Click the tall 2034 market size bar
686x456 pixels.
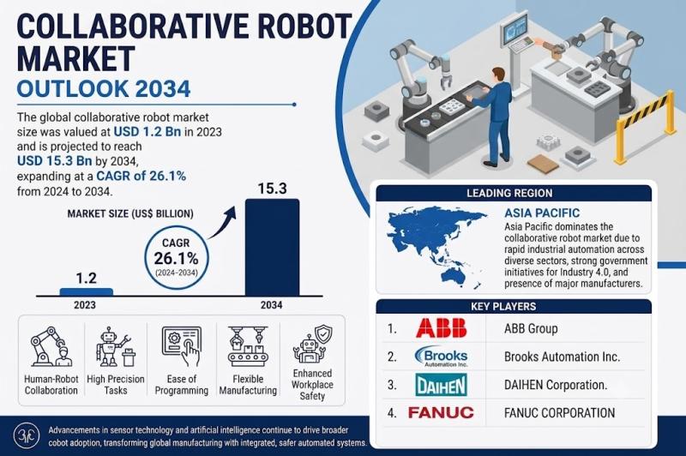coord(272,248)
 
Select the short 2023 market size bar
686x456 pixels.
coord(87,292)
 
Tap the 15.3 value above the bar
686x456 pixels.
coord(272,189)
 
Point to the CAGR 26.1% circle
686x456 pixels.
coord(177,257)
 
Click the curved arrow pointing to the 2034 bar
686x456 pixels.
coord(221,223)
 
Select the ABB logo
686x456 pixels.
coord(441,328)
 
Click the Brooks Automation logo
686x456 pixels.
coord(441,357)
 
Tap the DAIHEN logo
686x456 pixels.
coord(441,385)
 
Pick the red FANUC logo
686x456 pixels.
coord(441,412)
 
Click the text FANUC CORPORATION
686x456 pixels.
coord(560,413)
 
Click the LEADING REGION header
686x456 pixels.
coord(509,193)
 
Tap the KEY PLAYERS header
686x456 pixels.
coord(503,307)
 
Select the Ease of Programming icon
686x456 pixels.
coord(182,346)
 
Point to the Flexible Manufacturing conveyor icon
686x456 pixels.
coord(248,346)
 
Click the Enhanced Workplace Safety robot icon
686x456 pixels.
coord(312,345)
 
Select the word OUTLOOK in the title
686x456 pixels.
coord(73,88)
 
